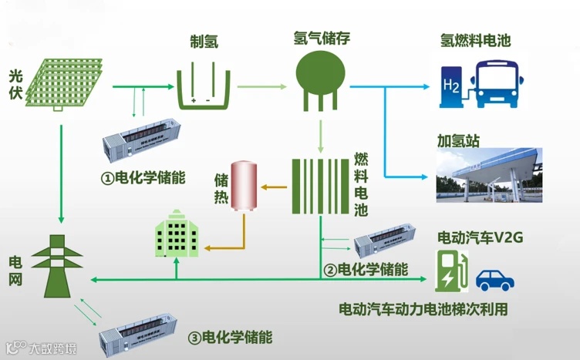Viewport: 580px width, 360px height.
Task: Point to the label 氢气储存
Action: click(320, 37)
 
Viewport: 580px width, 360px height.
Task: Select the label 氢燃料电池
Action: click(475, 39)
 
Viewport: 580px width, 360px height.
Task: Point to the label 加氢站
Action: click(458, 141)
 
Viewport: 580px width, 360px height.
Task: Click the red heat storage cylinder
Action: click(245, 186)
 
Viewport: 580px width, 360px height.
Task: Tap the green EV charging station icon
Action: click(451, 271)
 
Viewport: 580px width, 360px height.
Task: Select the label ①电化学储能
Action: click(144, 177)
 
